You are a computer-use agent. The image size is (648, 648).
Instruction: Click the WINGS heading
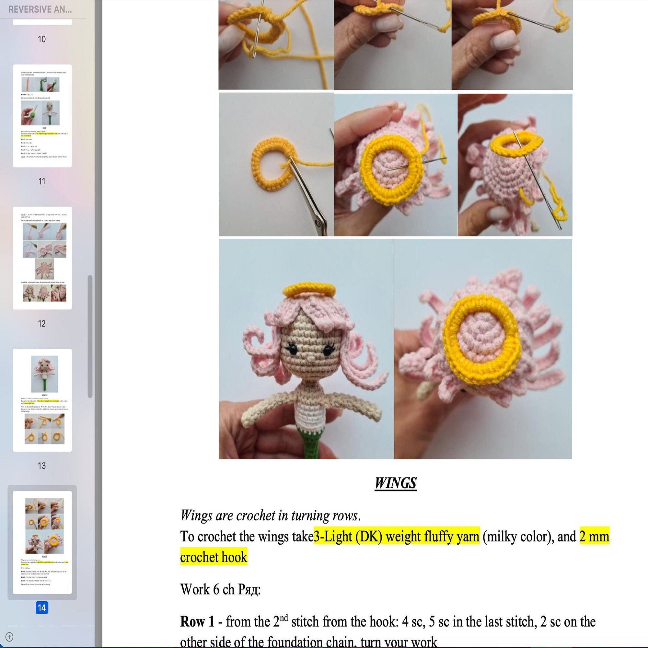395,483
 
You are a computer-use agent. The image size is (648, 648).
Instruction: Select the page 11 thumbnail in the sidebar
42,116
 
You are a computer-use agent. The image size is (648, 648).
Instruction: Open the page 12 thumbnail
42,258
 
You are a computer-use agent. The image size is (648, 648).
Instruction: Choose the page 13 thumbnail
42,400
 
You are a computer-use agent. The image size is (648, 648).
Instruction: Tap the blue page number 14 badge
42,607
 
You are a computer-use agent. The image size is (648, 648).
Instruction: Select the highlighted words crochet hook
214,557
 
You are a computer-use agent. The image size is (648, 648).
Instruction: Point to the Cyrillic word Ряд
249,589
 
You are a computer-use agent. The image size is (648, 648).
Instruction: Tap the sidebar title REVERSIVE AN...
40,9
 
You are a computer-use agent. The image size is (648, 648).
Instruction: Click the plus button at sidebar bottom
9,637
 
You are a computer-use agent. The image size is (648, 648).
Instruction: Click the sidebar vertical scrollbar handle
90,336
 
